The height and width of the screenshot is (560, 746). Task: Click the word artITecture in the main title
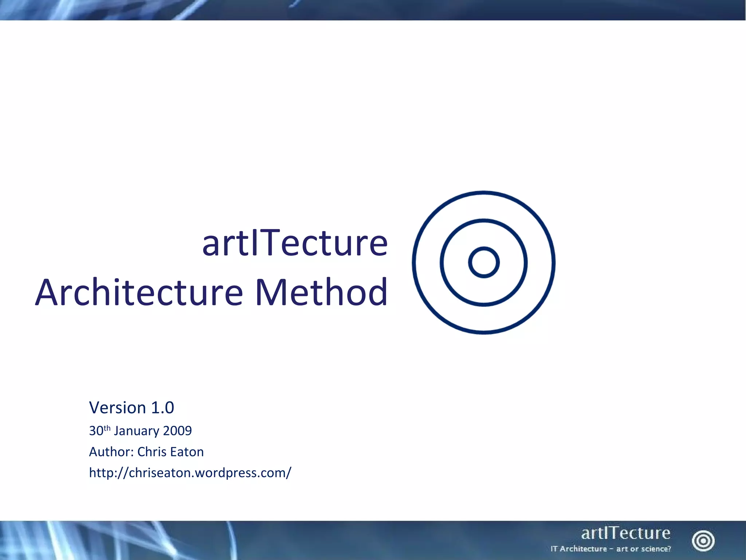pyautogui.click(x=295, y=243)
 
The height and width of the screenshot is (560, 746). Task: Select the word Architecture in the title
pyautogui.click(x=139, y=292)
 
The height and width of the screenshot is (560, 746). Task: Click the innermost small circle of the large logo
pyautogui.click(x=484, y=262)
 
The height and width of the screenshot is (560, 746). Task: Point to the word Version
pyautogui.click(x=118, y=408)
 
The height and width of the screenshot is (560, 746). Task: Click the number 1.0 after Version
pyautogui.click(x=162, y=408)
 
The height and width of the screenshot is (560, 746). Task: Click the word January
pyautogui.click(x=137, y=431)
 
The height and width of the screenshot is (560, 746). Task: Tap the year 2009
pyautogui.click(x=177, y=431)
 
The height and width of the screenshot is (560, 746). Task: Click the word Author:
pyautogui.click(x=111, y=452)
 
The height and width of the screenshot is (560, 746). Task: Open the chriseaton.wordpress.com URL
pyautogui.click(x=190, y=473)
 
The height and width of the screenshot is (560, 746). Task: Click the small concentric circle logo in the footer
pyautogui.click(x=703, y=541)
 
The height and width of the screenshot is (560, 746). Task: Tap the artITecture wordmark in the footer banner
pyautogui.click(x=625, y=533)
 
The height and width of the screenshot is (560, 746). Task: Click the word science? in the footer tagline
pyautogui.click(x=656, y=549)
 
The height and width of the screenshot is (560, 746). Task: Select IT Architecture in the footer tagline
pyautogui.click(x=578, y=549)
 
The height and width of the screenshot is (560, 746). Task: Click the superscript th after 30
pyautogui.click(x=107, y=428)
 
